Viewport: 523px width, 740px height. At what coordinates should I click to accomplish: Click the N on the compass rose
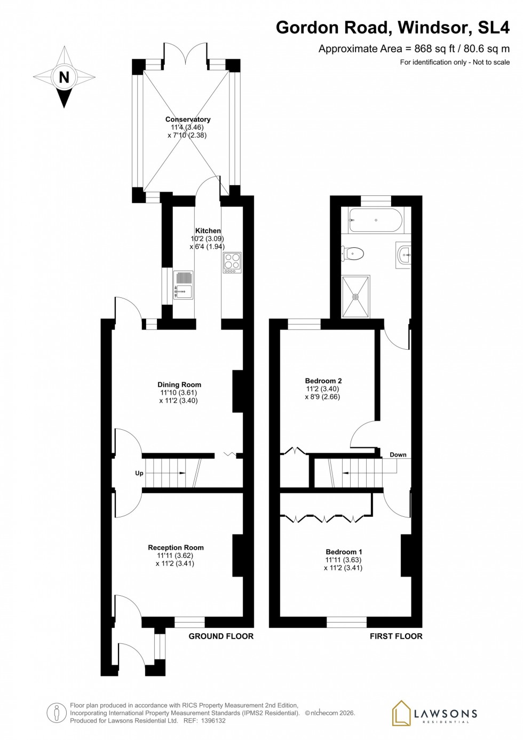pyautogui.click(x=64, y=77)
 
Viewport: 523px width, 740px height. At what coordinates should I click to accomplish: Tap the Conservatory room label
pyautogui.click(x=187, y=120)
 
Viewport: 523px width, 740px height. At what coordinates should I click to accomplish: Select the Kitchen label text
pyautogui.click(x=208, y=231)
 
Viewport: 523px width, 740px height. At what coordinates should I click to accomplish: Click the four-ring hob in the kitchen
pyautogui.click(x=232, y=263)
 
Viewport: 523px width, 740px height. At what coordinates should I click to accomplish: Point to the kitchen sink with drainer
pyautogui.click(x=183, y=285)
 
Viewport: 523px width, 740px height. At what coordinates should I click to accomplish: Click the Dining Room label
pyautogui.click(x=179, y=384)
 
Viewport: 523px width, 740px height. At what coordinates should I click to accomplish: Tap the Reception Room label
pyautogui.click(x=176, y=547)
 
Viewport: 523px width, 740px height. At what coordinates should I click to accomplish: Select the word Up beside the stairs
pyautogui.click(x=139, y=473)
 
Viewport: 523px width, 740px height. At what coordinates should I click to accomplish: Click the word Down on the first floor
pyautogui.click(x=398, y=455)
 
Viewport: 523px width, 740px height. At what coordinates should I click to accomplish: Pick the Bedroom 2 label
pyautogui.click(x=323, y=381)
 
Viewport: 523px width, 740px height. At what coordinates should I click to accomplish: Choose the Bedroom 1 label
pyautogui.click(x=344, y=552)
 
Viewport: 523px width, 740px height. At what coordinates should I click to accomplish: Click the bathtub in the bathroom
pyautogui.click(x=376, y=220)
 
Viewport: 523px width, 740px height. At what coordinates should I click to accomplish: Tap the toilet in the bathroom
pyautogui.click(x=353, y=253)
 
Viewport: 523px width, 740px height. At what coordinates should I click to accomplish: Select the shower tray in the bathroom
pyautogui.click(x=355, y=297)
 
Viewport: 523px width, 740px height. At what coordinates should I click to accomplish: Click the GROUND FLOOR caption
pyautogui.click(x=221, y=636)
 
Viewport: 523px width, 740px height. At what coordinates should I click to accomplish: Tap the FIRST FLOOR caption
pyautogui.click(x=396, y=636)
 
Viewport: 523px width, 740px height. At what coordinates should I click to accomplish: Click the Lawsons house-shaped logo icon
pyautogui.click(x=401, y=713)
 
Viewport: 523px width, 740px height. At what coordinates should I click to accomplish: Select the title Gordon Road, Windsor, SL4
pyautogui.click(x=392, y=27)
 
